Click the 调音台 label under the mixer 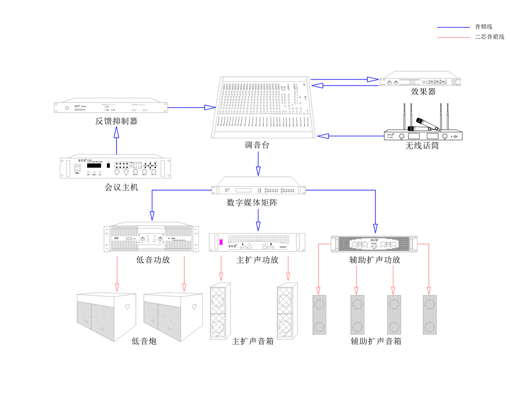coord(257,146)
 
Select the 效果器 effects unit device coord(419,82)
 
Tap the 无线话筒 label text coord(422,146)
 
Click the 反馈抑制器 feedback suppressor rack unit coord(111,107)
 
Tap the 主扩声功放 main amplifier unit coord(257,242)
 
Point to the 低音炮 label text coord(144,341)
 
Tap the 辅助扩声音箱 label coord(376,341)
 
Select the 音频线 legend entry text coord(484,27)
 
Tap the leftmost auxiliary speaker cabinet coord(320,314)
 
